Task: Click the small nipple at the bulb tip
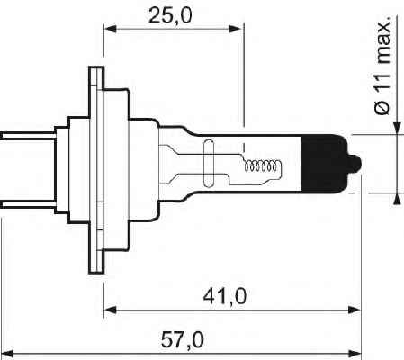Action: click(358, 163)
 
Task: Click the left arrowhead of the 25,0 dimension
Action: click(111, 28)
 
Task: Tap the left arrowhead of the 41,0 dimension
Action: click(111, 310)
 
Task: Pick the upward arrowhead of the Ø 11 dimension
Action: click(396, 198)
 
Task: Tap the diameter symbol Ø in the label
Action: click(382, 105)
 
